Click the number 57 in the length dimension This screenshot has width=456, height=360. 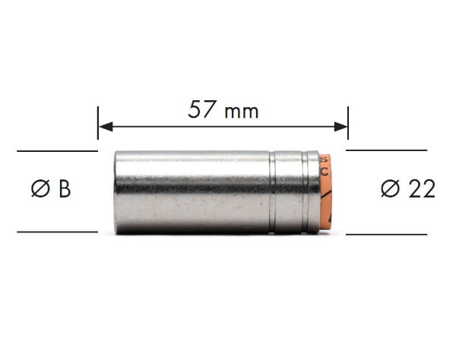[x=201, y=109]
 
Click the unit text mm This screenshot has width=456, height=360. [x=242, y=112]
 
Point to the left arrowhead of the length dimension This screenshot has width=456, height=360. [x=106, y=127]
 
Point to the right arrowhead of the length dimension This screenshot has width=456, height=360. [x=340, y=127]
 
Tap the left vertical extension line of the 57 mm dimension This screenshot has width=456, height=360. [x=98, y=123]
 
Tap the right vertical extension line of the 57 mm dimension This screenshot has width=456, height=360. [x=348, y=123]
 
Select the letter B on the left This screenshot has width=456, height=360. [x=65, y=189]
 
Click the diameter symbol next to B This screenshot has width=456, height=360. [x=40, y=189]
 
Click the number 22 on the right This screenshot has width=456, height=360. [x=422, y=189]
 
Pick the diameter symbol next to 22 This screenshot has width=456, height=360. [x=391, y=189]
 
